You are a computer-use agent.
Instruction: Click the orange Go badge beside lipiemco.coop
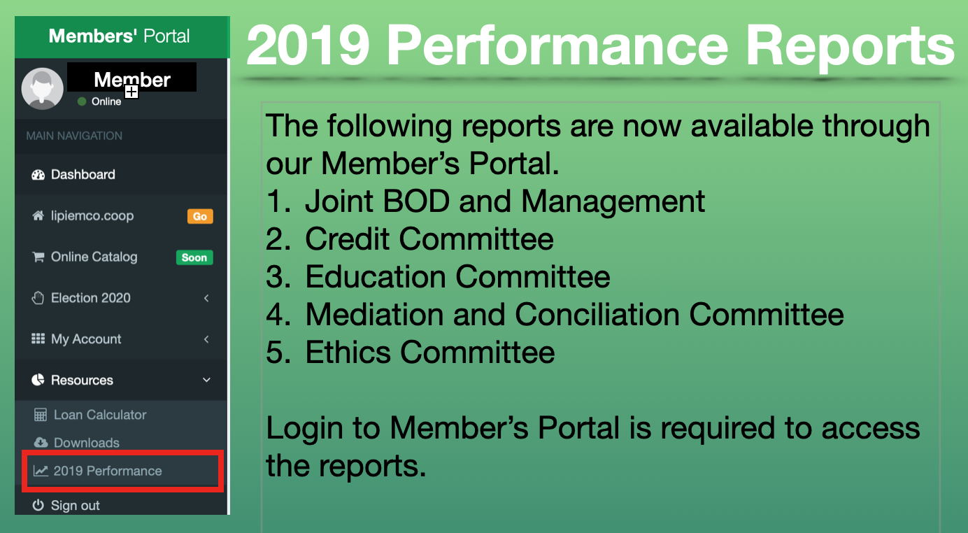(200, 216)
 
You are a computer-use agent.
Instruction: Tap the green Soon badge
(194, 257)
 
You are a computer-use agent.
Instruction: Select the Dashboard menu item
(73, 175)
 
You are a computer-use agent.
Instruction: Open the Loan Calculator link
(90, 415)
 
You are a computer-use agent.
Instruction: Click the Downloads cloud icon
(41, 442)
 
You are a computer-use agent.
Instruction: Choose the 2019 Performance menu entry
(98, 471)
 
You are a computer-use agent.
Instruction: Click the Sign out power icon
(38, 505)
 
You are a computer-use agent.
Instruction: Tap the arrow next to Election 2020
(206, 298)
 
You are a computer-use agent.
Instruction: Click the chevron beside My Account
(206, 339)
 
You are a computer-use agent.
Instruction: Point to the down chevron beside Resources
(206, 380)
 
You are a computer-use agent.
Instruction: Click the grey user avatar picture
(43, 89)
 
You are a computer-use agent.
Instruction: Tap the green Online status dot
(82, 101)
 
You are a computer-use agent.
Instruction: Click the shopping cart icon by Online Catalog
(38, 257)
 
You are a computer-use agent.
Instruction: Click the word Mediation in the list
(374, 314)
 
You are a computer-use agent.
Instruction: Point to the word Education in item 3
(376, 277)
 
